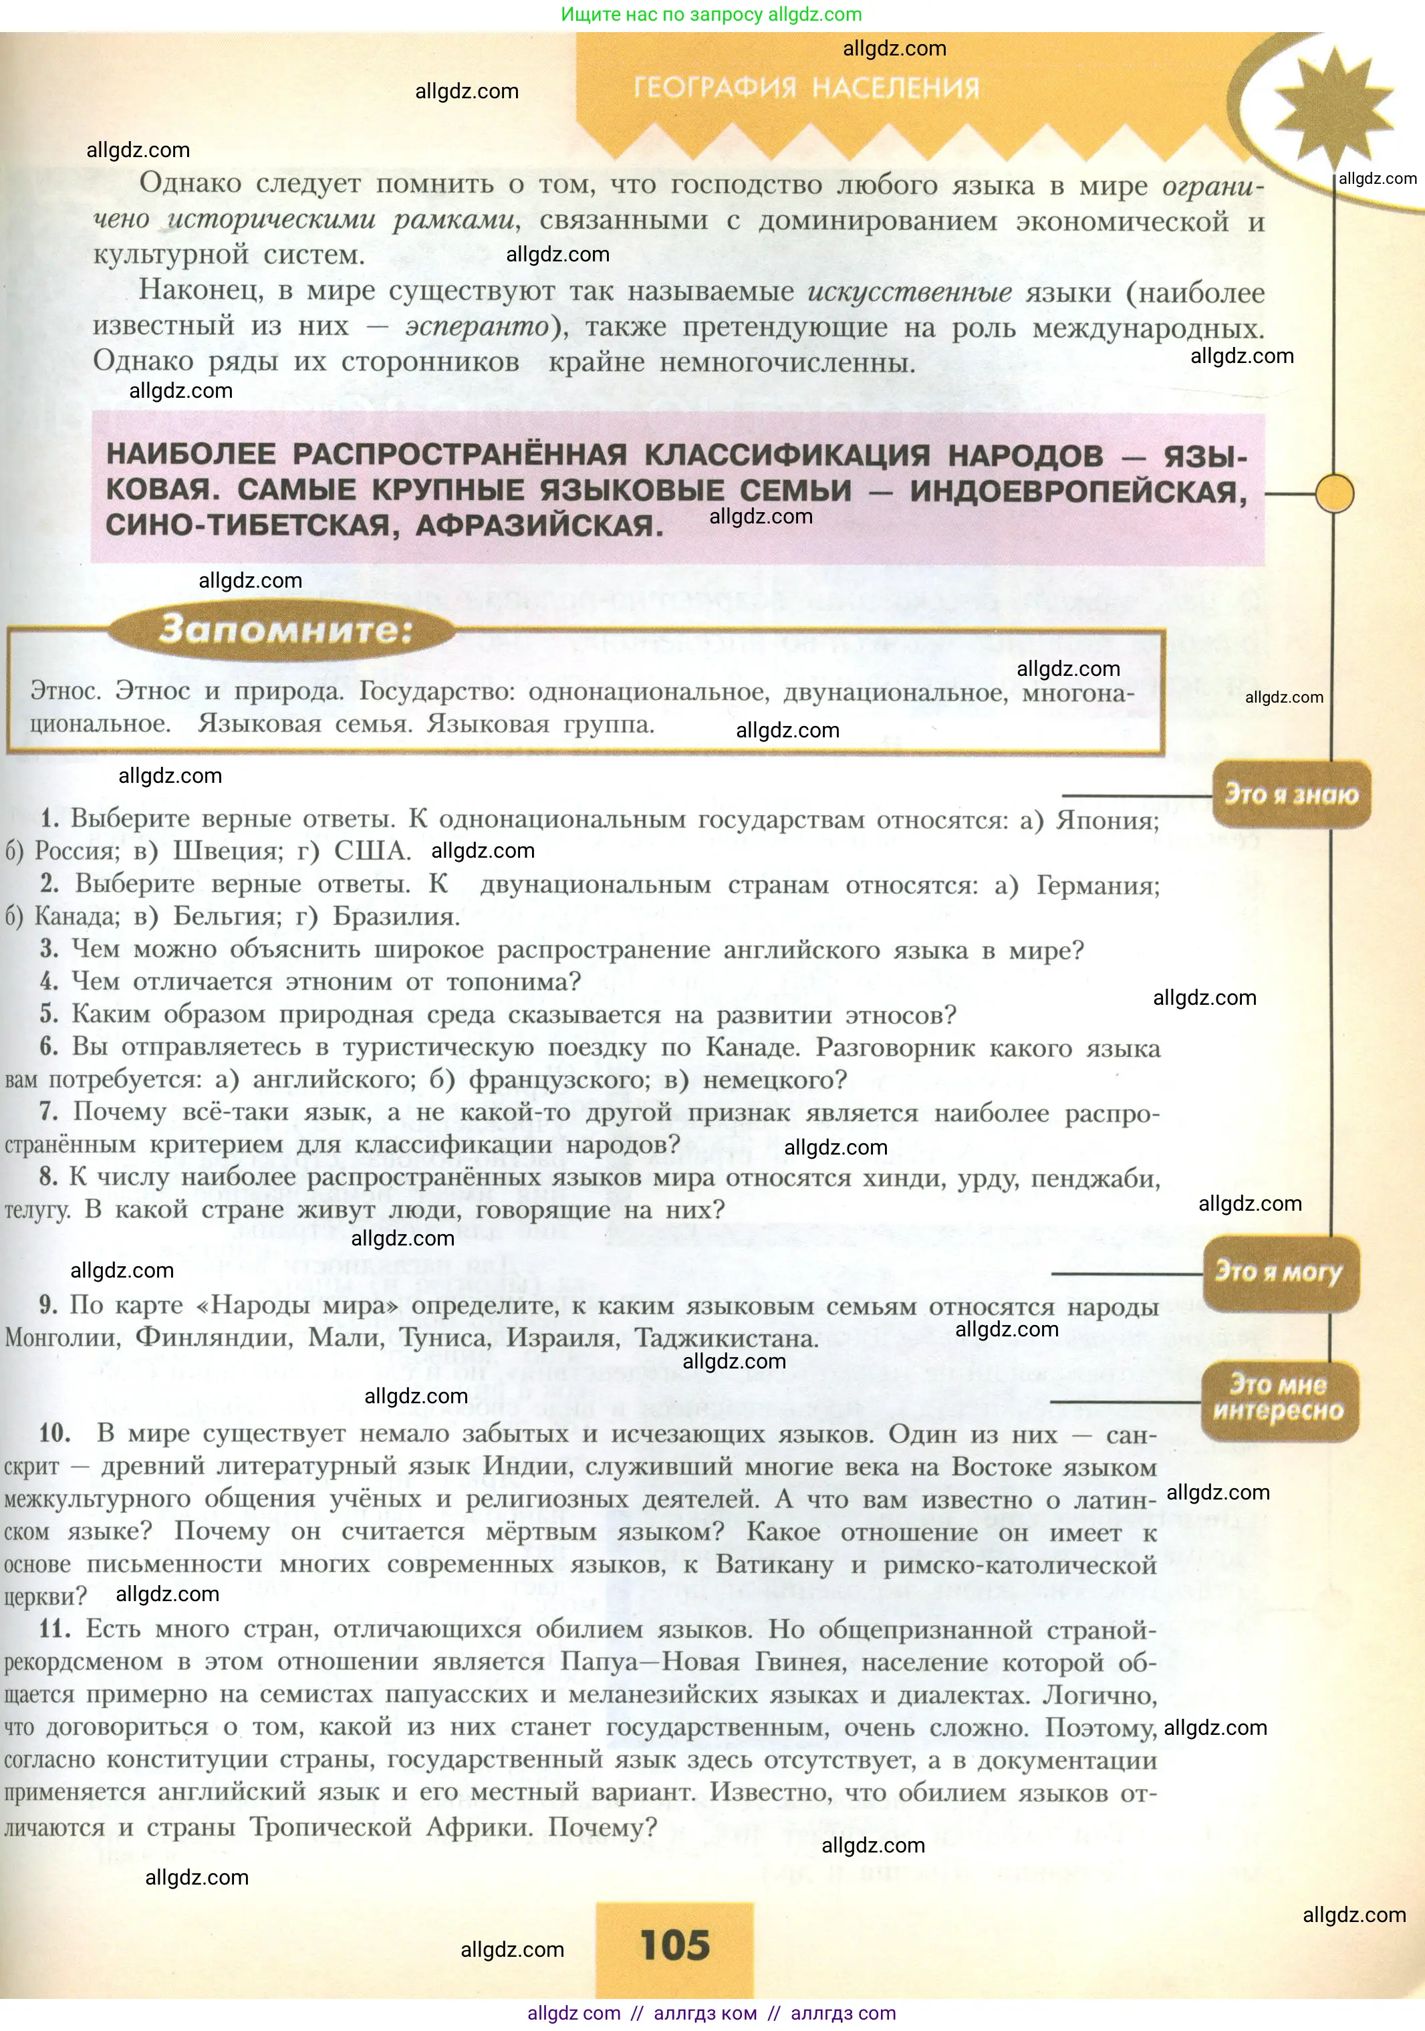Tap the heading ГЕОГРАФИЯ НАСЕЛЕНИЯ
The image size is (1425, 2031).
point(807,88)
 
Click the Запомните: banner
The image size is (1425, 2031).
point(285,630)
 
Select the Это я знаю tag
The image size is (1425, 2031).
point(1291,794)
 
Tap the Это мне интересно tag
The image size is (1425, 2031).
point(1278,1398)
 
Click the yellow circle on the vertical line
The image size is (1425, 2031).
point(1334,493)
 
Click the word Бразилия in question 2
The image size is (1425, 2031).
point(396,917)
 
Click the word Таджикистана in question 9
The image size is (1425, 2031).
point(727,1338)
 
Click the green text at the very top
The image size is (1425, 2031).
point(711,14)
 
